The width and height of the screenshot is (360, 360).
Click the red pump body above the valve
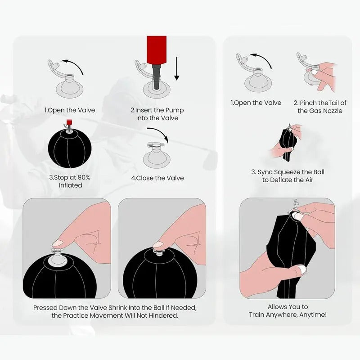156,50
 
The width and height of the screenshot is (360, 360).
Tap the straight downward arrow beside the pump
176,69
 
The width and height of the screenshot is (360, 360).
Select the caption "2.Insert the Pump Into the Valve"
157,114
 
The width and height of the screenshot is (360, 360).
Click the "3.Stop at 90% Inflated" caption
70,181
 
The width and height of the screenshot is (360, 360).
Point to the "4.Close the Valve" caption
157,178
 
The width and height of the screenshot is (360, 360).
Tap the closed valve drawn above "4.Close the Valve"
156,155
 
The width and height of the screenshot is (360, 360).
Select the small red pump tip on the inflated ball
68,121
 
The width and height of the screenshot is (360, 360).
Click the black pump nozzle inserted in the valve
156,77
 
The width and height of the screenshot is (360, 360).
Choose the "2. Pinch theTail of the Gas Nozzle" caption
320,107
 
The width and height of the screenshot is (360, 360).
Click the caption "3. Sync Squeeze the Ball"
288,172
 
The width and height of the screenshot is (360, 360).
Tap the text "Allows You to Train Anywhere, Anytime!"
288,310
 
